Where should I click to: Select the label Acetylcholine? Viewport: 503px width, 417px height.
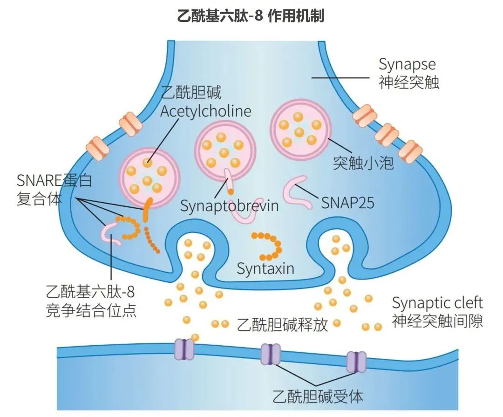click(x=205, y=111)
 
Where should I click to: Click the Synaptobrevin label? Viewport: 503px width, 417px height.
click(x=229, y=205)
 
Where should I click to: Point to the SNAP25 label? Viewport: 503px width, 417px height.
click(x=347, y=203)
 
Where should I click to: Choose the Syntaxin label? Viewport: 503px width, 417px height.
click(x=265, y=269)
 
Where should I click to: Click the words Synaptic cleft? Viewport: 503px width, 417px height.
click(x=437, y=303)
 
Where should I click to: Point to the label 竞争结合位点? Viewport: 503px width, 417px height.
click(x=92, y=311)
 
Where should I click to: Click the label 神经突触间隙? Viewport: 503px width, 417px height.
click(x=437, y=321)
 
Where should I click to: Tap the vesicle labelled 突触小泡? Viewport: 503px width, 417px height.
click(x=299, y=126)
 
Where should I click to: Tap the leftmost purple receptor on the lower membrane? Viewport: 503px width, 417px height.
click(x=184, y=350)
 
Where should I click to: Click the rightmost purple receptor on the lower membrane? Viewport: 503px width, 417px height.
click(x=356, y=362)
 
